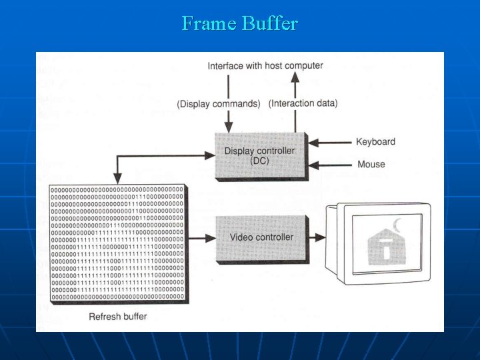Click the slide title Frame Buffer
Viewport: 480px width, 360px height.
tap(239, 24)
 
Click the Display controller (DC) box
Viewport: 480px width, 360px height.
tap(259, 155)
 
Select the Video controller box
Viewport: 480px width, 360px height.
tap(261, 237)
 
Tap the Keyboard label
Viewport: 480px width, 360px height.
tap(375, 141)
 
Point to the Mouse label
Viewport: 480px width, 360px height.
tap(371, 164)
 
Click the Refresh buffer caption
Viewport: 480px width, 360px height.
tap(118, 316)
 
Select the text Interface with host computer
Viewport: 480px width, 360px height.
tap(265, 66)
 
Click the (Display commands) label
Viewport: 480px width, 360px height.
tap(219, 103)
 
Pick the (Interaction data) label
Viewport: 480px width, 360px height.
tap(303, 103)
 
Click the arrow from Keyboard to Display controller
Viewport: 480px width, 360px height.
tap(331, 142)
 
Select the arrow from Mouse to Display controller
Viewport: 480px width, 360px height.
tap(331, 164)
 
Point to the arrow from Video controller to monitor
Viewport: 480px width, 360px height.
tap(317, 237)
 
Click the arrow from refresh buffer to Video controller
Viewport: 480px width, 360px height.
tap(202, 237)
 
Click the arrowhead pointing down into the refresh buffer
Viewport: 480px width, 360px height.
tap(117, 178)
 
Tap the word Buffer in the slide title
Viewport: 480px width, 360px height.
tap(269, 24)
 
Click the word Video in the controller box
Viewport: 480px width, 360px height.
tap(241, 237)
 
